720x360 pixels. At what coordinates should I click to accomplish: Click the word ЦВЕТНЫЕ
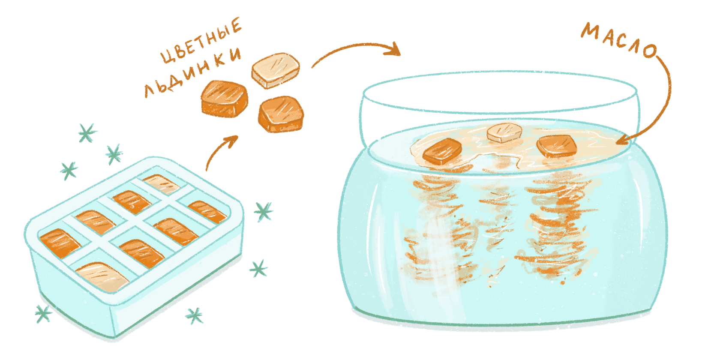[x=201, y=40]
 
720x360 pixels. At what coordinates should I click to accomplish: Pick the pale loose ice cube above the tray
[x=276, y=71]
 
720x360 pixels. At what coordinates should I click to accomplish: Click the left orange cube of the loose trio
[x=225, y=99]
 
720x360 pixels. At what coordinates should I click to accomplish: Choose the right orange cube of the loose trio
[x=281, y=114]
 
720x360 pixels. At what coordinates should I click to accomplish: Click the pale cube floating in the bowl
[x=504, y=132]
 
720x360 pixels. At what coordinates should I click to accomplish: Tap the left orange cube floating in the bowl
[x=442, y=151]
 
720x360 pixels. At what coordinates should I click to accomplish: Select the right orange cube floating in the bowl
[x=556, y=146]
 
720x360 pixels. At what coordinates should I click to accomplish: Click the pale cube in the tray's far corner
[x=161, y=184]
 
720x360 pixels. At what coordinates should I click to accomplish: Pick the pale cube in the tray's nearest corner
[x=102, y=277]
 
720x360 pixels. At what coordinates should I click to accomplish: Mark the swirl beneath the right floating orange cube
[x=558, y=225]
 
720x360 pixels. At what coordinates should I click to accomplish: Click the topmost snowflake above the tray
[x=87, y=133]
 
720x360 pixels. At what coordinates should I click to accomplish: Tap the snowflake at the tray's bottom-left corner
[x=43, y=314]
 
